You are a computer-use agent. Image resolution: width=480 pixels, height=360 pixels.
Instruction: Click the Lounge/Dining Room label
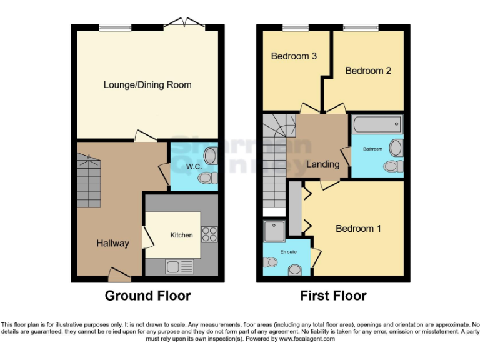coord(147,84)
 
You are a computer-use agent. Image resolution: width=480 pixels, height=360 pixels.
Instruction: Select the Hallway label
coord(112,243)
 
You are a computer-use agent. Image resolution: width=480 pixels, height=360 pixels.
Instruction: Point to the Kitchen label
coord(182,235)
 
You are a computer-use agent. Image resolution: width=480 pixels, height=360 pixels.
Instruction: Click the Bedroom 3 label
coord(294,56)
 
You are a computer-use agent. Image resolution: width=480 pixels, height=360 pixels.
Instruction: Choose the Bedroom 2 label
coord(368,71)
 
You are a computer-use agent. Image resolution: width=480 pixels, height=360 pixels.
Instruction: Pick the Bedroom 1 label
coord(358,229)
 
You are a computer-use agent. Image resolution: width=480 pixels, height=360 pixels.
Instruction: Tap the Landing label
coord(322,164)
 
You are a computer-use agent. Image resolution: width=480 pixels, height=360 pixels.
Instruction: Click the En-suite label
coord(288,251)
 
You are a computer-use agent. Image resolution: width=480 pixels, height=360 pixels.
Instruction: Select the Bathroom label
coord(374,149)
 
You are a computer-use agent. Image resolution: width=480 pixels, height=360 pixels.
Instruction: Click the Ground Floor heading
coord(147,296)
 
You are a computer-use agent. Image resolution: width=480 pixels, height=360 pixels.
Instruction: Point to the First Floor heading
coord(333,296)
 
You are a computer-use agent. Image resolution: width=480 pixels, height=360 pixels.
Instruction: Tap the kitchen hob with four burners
coord(209,234)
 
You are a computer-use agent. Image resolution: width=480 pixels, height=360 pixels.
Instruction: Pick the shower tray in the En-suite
coord(274,231)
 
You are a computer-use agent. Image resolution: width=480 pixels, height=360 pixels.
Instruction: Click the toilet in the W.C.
coord(206,178)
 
